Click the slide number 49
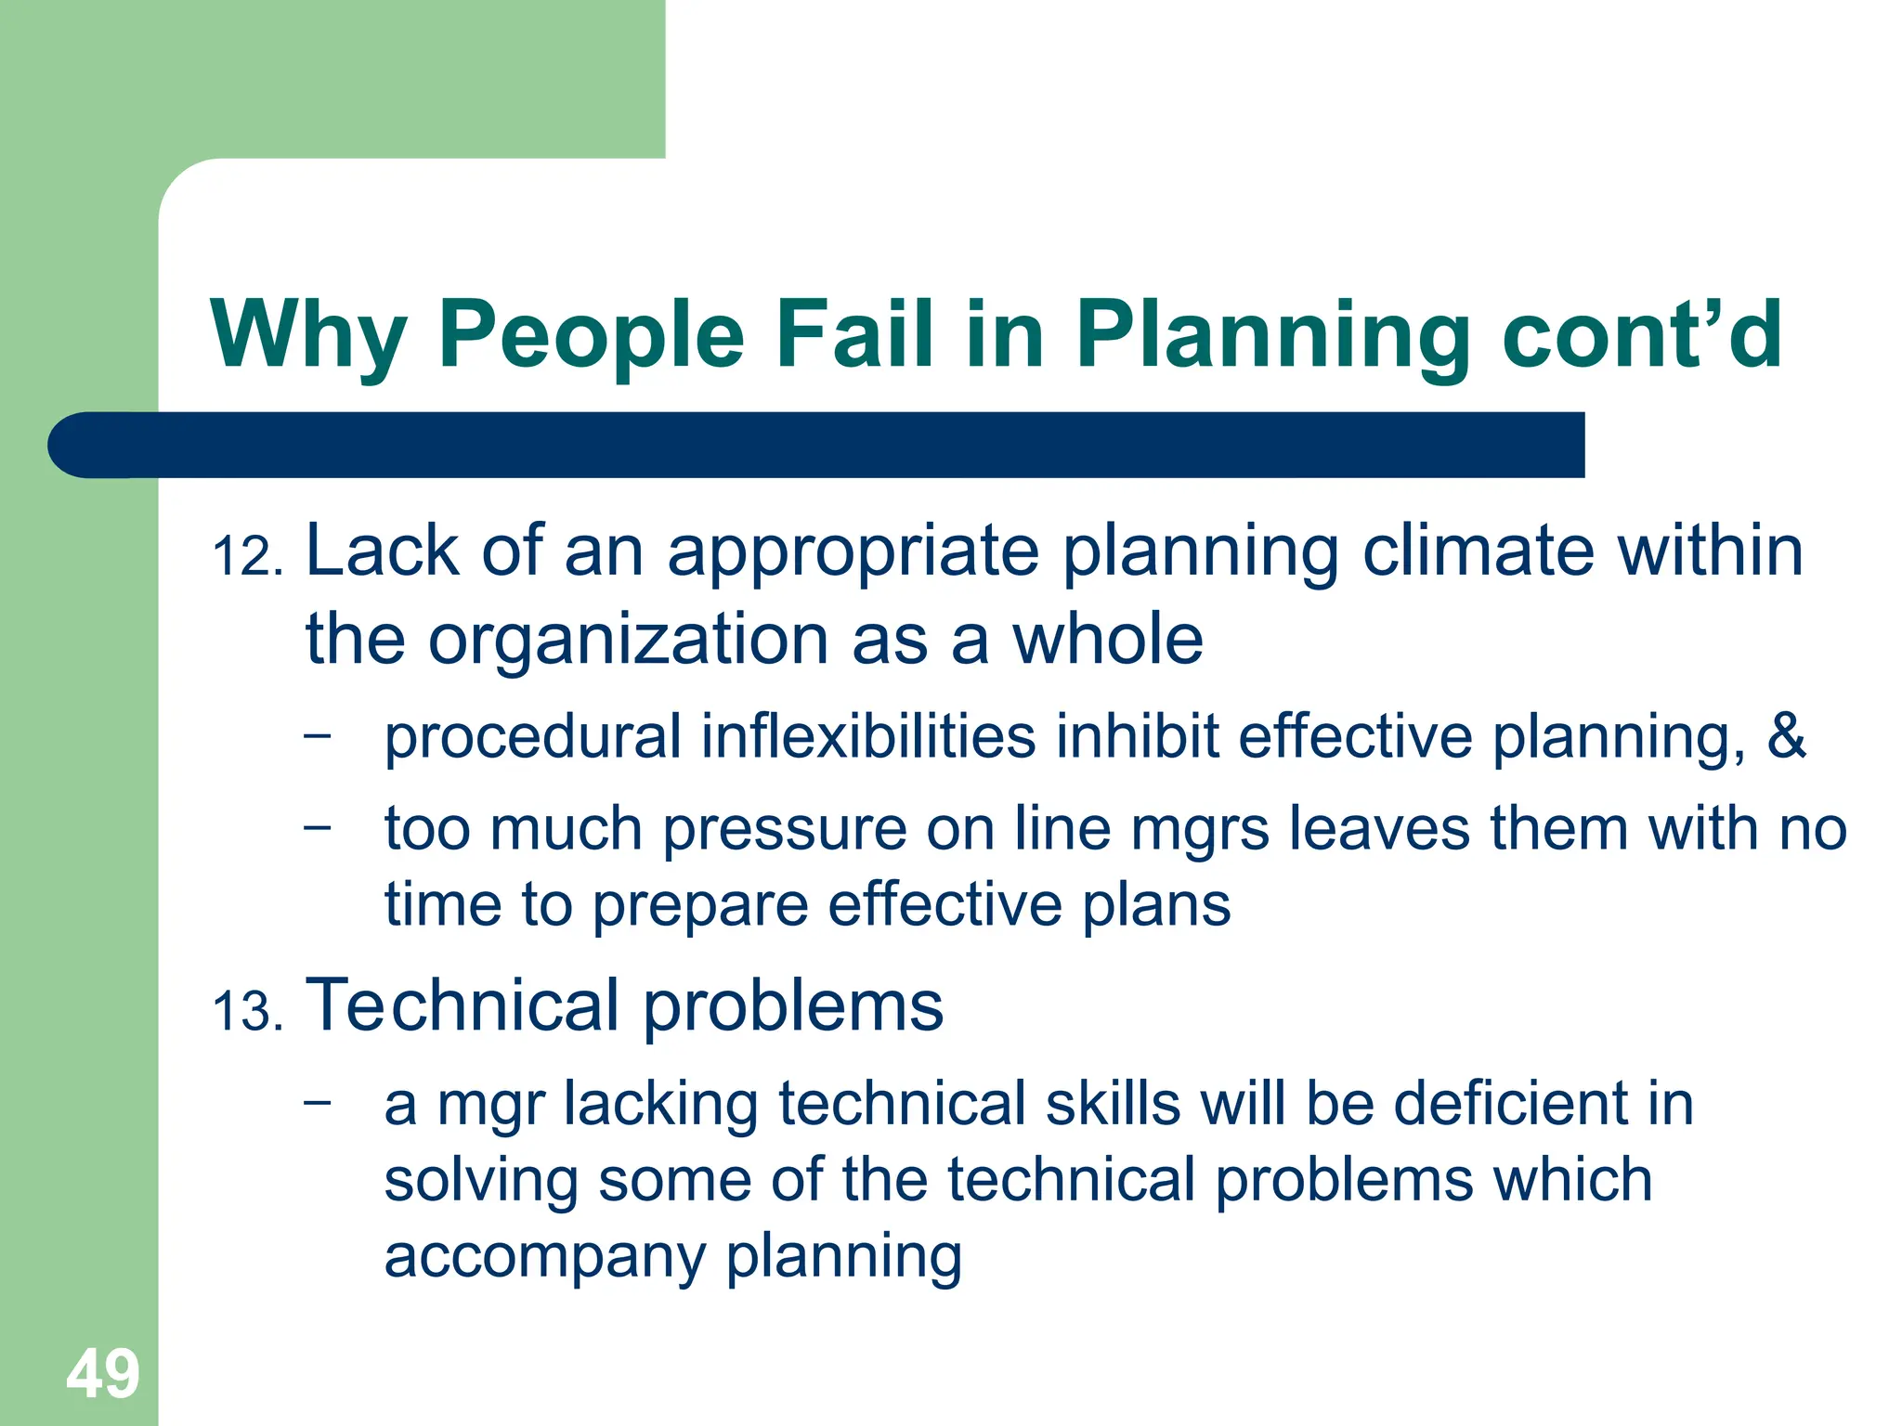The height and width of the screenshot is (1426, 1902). (x=102, y=1374)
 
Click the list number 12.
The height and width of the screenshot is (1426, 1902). (x=247, y=557)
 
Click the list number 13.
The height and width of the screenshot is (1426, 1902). (x=247, y=1012)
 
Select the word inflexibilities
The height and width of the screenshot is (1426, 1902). (x=867, y=736)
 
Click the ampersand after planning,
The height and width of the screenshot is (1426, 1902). (x=1786, y=736)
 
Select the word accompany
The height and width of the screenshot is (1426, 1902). (x=544, y=1257)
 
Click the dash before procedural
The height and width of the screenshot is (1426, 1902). (x=317, y=735)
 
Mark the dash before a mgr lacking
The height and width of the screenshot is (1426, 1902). (x=317, y=1103)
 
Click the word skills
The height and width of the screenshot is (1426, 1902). (x=1113, y=1104)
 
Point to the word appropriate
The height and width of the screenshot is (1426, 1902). (x=853, y=552)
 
